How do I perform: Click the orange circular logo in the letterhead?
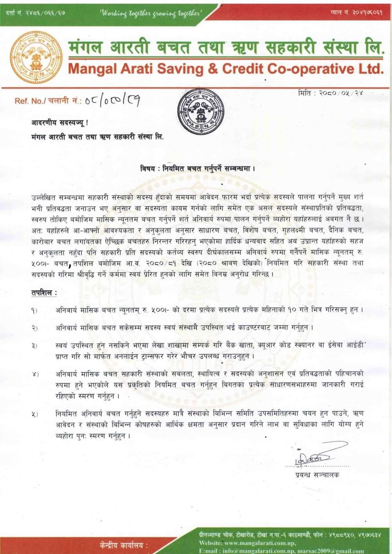[x=36, y=57]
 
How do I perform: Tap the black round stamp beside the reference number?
[x=201, y=112]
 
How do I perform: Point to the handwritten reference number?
[x=112, y=100]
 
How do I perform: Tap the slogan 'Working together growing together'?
[x=150, y=13]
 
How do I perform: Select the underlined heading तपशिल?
[x=44, y=293]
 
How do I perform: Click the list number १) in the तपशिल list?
[x=34, y=311]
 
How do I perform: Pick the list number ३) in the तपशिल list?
[x=34, y=346]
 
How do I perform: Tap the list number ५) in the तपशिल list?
[x=34, y=414]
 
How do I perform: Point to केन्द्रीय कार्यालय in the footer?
[x=124, y=545]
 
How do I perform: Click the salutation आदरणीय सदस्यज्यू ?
[x=60, y=123]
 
